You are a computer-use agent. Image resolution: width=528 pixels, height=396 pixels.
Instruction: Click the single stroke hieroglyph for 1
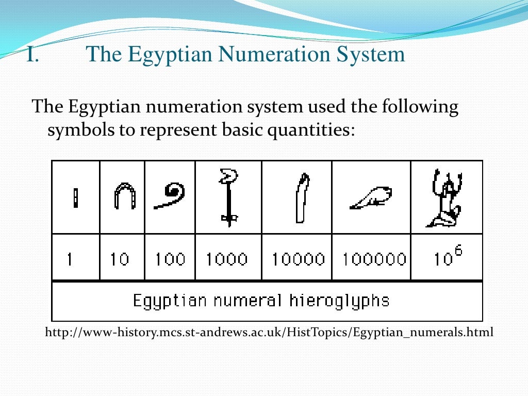tap(76, 198)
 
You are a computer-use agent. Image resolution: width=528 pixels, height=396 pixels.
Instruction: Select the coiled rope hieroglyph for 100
tap(171, 195)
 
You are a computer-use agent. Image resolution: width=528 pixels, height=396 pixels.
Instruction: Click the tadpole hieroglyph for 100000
tap(371, 198)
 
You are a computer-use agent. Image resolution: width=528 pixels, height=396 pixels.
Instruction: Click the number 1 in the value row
tap(70, 258)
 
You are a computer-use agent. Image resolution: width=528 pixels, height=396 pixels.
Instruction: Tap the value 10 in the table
tap(119, 258)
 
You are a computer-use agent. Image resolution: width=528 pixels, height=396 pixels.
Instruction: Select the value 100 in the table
tap(170, 258)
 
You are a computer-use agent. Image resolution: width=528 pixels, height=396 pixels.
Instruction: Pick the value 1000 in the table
tap(226, 258)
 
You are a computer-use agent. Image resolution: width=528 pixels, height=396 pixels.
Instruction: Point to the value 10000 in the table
tap(298, 258)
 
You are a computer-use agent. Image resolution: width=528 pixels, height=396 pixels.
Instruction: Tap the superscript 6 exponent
tap(458, 250)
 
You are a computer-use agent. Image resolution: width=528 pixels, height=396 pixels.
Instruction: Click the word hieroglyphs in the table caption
tap(339, 301)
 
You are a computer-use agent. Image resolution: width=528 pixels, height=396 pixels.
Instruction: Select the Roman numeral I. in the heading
tap(32, 54)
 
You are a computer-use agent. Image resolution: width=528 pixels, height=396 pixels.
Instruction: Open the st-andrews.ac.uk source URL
tap(269, 333)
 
